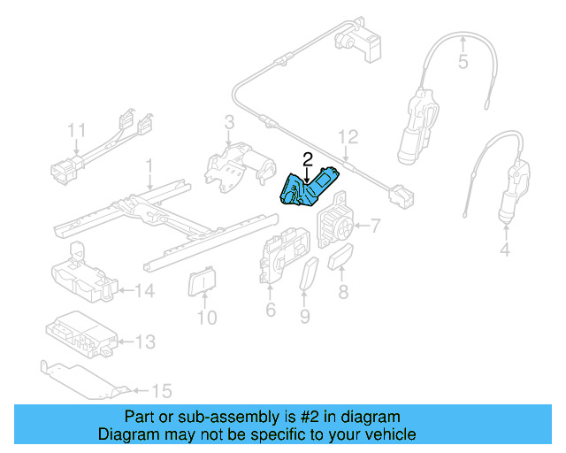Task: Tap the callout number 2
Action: tap(307, 159)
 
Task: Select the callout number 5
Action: tap(462, 62)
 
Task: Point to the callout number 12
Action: tap(348, 136)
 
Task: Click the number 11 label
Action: tap(77, 131)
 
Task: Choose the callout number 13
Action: tap(145, 342)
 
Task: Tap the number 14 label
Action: tap(145, 289)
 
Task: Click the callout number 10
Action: tap(205, 316)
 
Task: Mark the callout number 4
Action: tap(505, 250)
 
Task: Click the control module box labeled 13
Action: tap(80, 334)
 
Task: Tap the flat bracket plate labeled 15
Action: tap(84, 379)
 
